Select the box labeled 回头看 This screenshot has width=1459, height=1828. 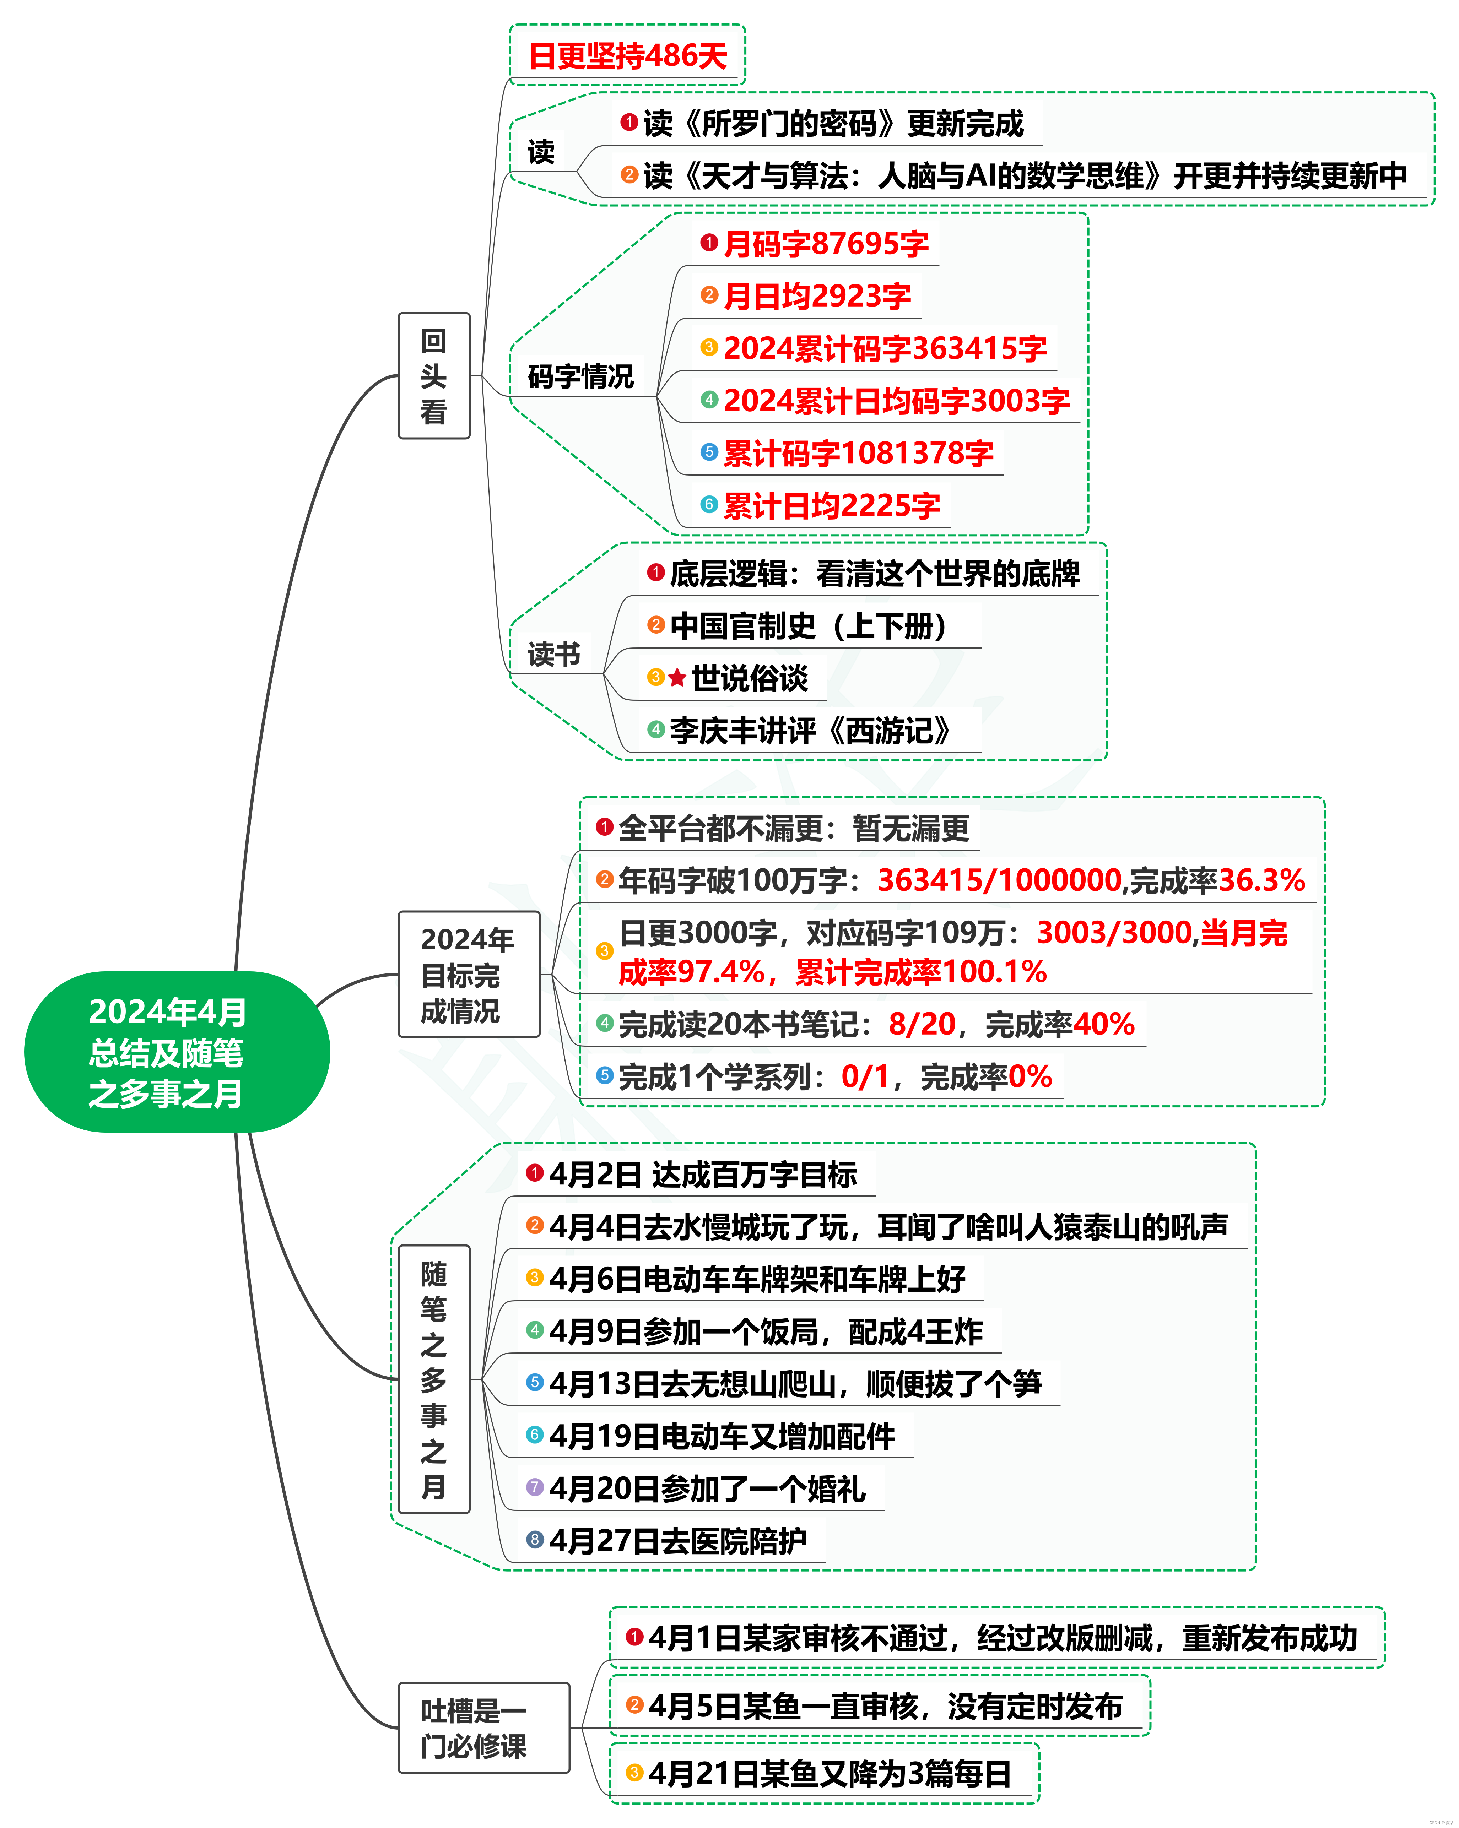(433, 376)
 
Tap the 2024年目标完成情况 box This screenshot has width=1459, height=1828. (468, 974)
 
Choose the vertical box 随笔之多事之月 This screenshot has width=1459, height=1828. (433, 1379)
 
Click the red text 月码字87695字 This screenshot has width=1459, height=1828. (825, 244)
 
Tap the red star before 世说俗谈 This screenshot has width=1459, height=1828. (677, 678)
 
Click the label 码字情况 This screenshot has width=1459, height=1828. (580, 376)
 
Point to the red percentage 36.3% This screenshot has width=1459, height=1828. (1261, 880)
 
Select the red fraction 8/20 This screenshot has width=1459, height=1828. (922, 1024)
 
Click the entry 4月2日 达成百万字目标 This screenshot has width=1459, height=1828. (702, 1174)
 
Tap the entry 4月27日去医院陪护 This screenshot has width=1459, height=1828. (677, 1541)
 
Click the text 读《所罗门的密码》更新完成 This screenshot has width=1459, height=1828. (833, 124)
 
